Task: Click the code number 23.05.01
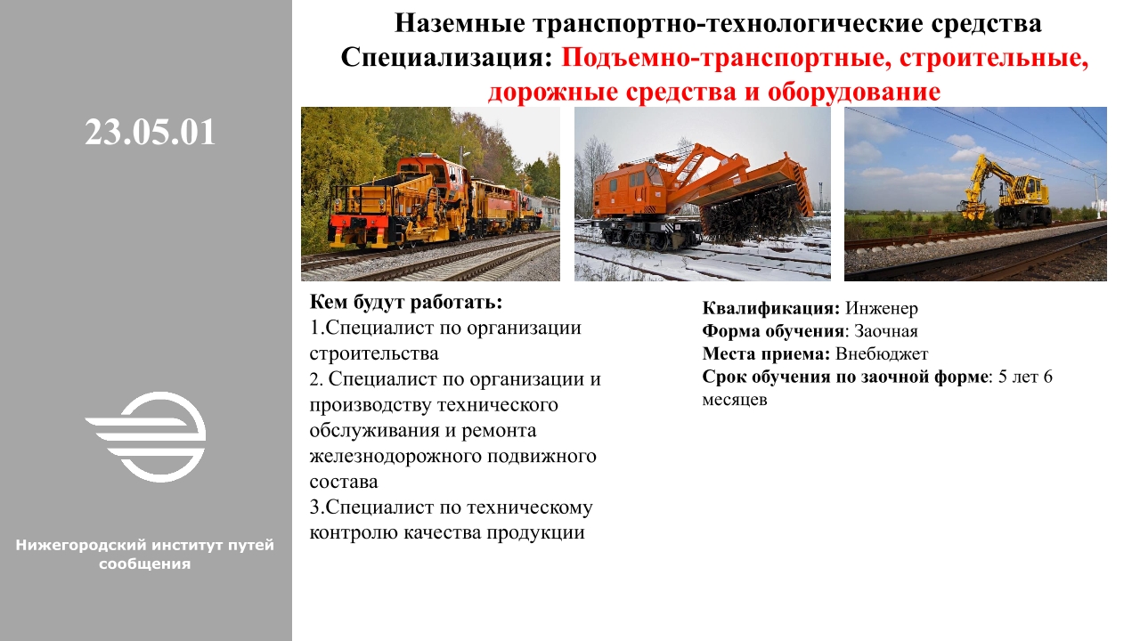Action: coord(151,133)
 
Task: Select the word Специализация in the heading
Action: coord(446,56)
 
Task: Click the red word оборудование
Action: coord(853,92)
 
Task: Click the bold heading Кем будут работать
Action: coord(405,302)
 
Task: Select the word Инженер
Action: coord(882,308)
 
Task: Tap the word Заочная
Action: coord(885,331)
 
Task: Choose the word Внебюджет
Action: coord(882,353)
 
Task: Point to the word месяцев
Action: coord(735,400)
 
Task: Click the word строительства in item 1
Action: coord(373,353)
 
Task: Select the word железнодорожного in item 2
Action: coord(395,457)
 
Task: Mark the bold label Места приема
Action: coord(767,353)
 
